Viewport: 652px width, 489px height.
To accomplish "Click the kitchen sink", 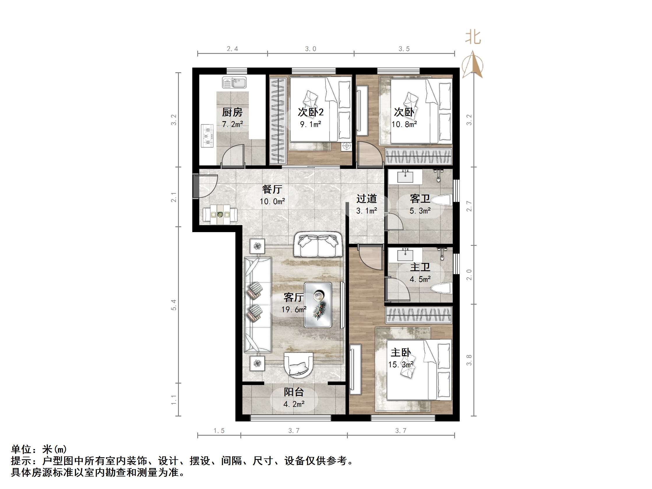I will pyautogui.click(x=234, y=82).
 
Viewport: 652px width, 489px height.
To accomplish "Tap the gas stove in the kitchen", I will pyautogui.click(x=207, y=136).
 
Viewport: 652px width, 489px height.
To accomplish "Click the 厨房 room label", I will pyautogui.click(x=232, y=112).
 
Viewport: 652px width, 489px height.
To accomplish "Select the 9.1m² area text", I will pyautogui.click(x=310, y=124).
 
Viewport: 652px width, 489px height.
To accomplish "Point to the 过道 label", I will pyautogui.click(x=366, y=199).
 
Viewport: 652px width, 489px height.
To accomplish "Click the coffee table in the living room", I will pyautogui.click(x=318, y=305).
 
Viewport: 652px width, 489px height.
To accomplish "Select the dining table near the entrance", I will pyautogui.click(x=220, y=215).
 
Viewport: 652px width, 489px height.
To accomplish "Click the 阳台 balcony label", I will pyautogui.click(x=294, y=392).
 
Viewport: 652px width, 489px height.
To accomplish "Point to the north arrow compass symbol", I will pyautogui.click(x=473, y=65).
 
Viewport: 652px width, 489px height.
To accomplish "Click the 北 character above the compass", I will pyautogui.click(x=473, y=38).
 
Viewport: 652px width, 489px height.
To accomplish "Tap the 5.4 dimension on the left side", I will pyautogui.click(x=174, y=305).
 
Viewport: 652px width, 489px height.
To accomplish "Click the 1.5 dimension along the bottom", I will pyautogui.click(x=219, y=431).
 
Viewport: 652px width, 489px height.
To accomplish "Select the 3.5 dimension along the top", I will pyautogui.click(x=404, y=49).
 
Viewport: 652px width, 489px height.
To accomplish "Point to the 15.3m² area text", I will pyautogui.click(x=401, y=365).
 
